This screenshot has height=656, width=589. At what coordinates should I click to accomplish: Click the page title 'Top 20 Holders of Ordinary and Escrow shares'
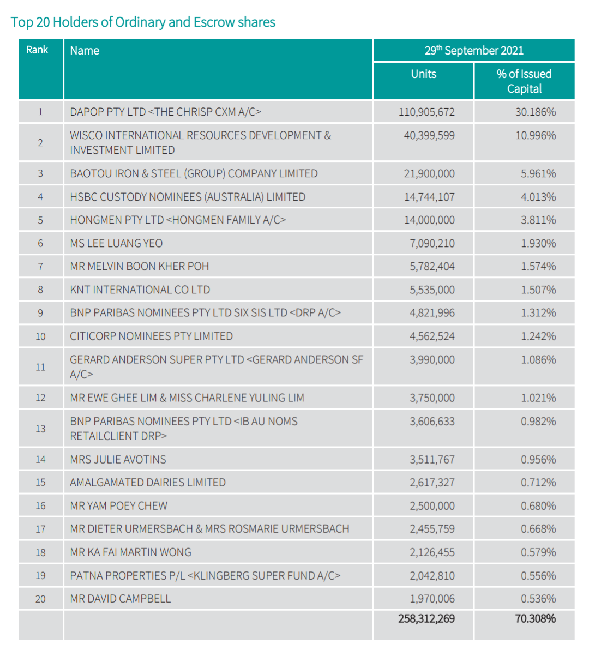[x=143, y=22]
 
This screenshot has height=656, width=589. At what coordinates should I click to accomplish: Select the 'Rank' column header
[x=37, y=50]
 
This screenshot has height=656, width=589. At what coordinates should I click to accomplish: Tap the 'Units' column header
[x=424, y=74]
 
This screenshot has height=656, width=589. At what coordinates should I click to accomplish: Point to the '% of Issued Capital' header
[x=524, y=81]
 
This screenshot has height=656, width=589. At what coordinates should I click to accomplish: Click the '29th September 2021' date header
[x=474, y=50]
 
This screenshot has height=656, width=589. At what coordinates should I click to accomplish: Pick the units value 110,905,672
[x=426, y=112]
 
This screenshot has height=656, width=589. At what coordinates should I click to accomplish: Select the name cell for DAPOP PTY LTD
[x=165, y=112]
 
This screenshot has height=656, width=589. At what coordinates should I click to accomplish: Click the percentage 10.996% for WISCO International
[x=536, y=135]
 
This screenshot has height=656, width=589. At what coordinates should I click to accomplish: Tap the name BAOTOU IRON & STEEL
[x=194, y=173]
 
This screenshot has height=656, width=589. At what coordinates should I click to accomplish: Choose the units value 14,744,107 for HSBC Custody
[x=429, y=197]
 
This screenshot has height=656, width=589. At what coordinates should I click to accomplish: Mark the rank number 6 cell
[x=40, y=243]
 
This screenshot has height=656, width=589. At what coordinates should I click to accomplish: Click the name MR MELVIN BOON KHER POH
[x=139, y=266]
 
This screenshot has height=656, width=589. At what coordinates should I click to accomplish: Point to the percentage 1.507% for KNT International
[x=538, y=290]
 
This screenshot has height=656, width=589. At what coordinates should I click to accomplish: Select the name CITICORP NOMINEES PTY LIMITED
[x=151, y=336]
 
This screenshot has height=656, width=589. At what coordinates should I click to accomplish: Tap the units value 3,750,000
[x=432, y=398]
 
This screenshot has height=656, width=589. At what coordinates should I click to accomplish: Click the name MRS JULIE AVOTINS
[x=118, y=459]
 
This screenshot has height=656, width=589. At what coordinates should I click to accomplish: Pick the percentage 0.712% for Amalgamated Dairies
[x=538, y=483]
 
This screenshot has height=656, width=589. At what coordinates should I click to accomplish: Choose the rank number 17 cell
[x=40, y=529]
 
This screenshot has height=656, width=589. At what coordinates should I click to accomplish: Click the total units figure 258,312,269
[x=426, y=618]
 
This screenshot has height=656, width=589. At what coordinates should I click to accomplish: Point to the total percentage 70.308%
[x=535, y=618]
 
